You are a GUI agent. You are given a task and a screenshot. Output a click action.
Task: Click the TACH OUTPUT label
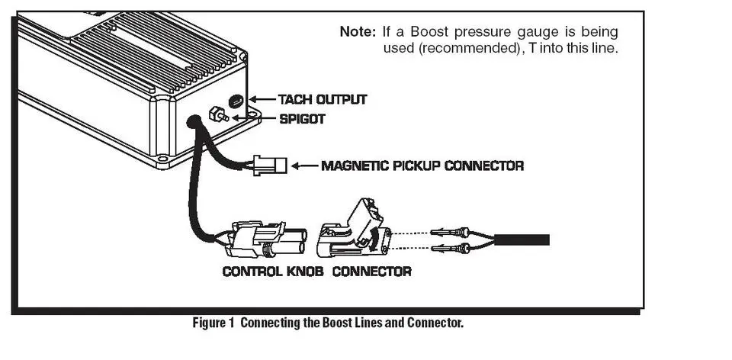point(323,99)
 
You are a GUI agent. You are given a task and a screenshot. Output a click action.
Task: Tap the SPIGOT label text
point(302,119)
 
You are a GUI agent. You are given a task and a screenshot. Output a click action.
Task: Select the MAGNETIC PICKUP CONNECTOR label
point(422,166)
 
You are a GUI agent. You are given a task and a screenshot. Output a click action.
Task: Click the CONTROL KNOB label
point(273,272)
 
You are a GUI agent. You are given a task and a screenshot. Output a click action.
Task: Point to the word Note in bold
point(358,32)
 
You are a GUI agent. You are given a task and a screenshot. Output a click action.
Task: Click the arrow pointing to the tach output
point(262,99)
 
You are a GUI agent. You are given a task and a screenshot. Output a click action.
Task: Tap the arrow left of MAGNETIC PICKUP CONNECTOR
point(304,166)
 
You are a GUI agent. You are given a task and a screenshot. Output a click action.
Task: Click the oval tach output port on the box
point(236,101)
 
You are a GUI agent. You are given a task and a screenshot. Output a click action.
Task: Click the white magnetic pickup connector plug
point(270,166)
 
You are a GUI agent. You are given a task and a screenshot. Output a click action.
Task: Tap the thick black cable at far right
point(522,240)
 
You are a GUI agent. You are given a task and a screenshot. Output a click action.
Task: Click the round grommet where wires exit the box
point(193,122)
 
